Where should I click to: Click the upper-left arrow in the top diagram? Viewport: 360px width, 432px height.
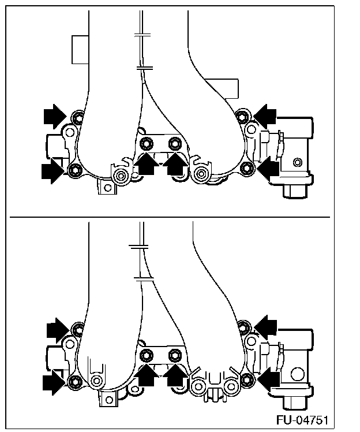56,117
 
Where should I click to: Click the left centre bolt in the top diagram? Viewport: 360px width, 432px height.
147,143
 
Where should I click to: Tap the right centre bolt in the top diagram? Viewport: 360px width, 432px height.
174,143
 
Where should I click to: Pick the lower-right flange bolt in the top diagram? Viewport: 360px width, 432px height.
247,168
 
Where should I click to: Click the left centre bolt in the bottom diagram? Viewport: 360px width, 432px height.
147,355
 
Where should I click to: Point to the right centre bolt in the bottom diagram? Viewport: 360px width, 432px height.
174,355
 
